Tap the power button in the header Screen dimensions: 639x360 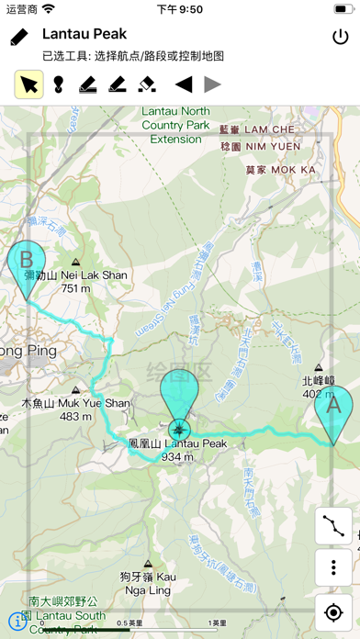tap(341, 38)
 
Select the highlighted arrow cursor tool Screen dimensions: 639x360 tap(29, 84)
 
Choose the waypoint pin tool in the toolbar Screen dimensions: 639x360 tap(58, 84)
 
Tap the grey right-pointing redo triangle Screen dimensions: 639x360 tap(212, 84)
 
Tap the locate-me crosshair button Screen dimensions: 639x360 tap(332, 611)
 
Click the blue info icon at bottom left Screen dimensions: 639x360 tap(15, 621)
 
